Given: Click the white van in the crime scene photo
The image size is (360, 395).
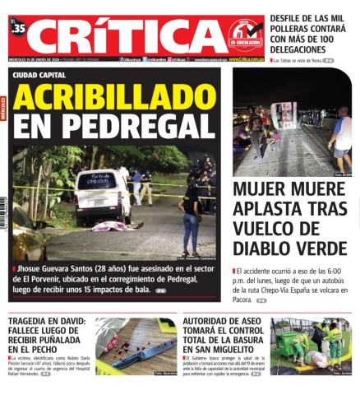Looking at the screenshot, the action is [x=101, y=196].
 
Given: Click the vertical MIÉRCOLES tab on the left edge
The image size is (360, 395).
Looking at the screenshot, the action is [x=4, y=107].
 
